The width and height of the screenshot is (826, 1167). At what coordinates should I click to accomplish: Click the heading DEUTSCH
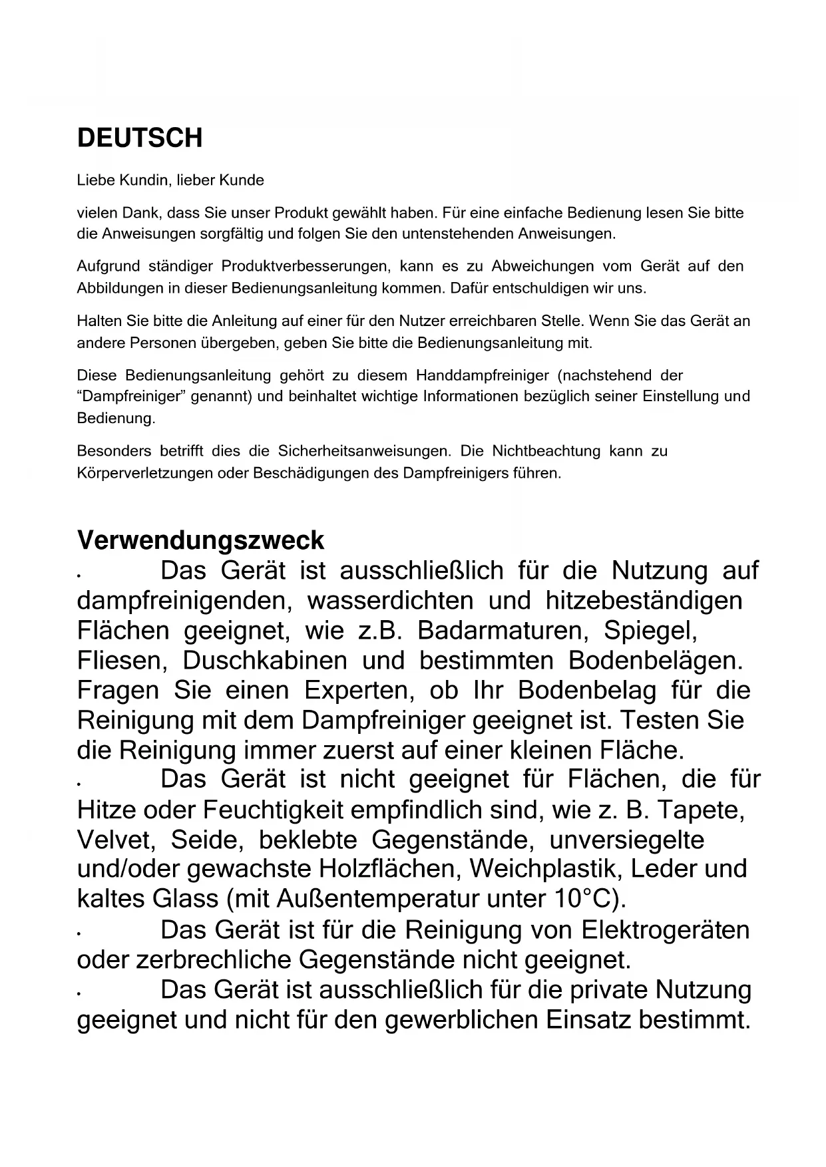(x=140, y=138)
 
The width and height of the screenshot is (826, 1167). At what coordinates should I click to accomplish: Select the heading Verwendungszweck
(x=200, y=540)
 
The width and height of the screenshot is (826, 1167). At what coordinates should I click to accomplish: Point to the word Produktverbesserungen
(x=305, y=267)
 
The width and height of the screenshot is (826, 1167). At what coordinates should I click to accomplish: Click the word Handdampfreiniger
(x=482, y=375)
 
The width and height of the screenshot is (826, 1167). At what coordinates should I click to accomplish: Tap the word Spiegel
(x=650, y=630)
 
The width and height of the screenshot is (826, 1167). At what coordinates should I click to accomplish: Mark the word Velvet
(x=116, y=840)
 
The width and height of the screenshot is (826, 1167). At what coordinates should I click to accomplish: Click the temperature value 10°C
(x=586, y=899)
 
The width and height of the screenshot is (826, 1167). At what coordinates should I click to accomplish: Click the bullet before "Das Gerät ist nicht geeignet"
(x=79, y=786)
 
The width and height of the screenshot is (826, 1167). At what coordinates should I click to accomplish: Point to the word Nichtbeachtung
(x=546, y=451)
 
